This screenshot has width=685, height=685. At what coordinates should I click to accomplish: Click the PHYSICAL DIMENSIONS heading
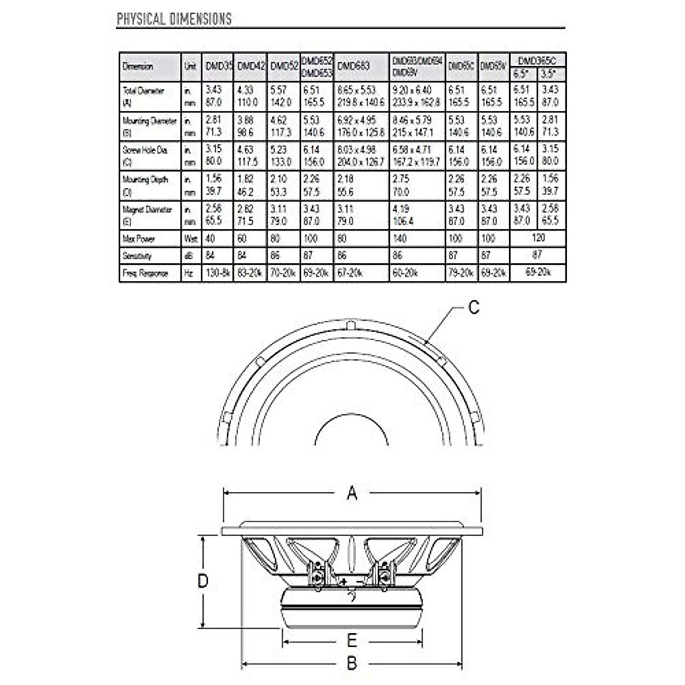[174, 19]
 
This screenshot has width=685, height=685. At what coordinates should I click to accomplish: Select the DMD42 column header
[249, 66]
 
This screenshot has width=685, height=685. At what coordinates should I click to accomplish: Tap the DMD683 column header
[353, 66]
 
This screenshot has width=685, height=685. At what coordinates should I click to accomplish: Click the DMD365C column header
[538, 59]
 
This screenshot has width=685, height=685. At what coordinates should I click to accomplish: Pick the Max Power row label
[138, 239]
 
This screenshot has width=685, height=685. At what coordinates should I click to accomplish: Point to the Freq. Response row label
[145, 273]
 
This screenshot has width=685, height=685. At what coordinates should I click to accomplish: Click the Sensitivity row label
[137, 256]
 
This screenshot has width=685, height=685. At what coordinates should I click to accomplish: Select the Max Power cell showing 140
[401, 239]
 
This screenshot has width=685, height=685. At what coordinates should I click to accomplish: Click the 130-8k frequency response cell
[217, 273]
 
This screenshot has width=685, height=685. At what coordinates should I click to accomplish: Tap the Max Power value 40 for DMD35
[210, 239]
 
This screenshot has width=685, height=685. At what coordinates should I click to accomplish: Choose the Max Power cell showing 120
[538, 237]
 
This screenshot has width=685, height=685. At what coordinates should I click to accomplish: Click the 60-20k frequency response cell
[405, 273]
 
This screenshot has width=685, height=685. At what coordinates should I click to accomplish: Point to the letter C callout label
[474, 307]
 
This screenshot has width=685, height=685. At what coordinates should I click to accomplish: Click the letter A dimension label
[352, 493]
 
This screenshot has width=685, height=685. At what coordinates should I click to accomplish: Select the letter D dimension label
[203, 581]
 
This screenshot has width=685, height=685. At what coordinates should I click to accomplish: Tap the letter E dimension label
[352, 640]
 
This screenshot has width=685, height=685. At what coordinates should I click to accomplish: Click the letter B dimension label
[352, 663]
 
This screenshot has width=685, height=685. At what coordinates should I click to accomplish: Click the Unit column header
[191, 66]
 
